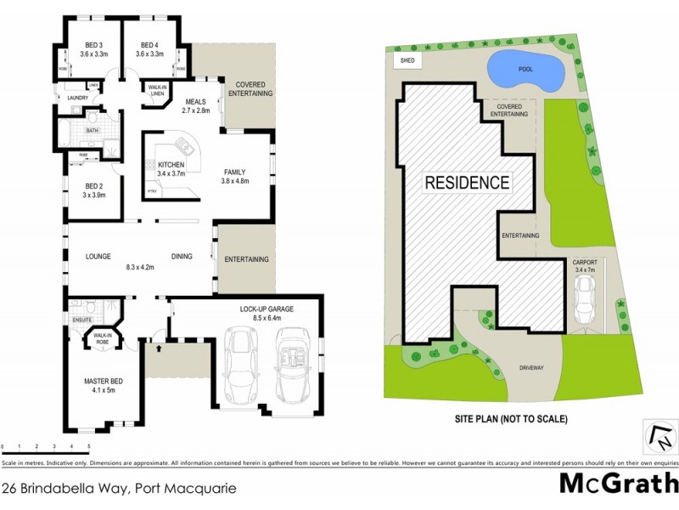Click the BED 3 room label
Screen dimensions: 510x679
94,45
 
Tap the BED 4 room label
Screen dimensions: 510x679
149,45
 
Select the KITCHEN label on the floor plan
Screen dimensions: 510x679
171,163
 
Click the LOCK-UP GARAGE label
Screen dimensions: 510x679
267,309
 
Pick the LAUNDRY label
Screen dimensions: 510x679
77,98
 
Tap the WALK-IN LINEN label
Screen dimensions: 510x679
158,90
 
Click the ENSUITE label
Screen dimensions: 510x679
81,320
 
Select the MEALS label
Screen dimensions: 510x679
196,101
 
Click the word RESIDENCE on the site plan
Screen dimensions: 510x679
467,182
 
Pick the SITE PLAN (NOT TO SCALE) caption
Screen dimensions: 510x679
511,418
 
